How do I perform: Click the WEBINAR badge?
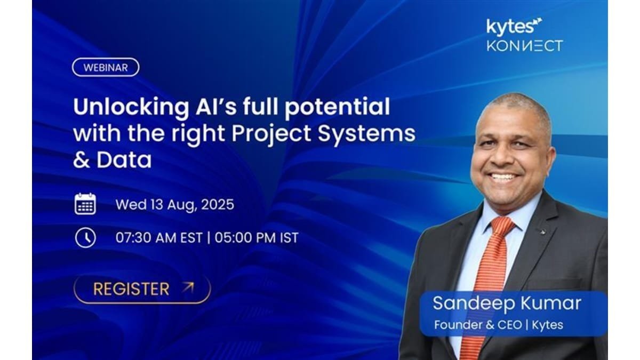[106, 67]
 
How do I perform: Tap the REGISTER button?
[142, 289]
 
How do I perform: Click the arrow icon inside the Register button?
[188, 287]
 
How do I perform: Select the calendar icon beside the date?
[85, 204]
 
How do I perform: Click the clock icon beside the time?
[85, 237]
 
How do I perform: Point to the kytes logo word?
[510, 27]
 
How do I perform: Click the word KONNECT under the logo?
[525, 46]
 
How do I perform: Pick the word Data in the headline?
[124, 159]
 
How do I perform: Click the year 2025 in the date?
[218, 205]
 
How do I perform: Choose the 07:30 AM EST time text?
[159, 238]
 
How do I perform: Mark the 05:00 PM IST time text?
[257, 238]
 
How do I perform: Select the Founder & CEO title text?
[478, 325]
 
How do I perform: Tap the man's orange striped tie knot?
[502, 225]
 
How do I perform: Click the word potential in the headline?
[337, 108]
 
